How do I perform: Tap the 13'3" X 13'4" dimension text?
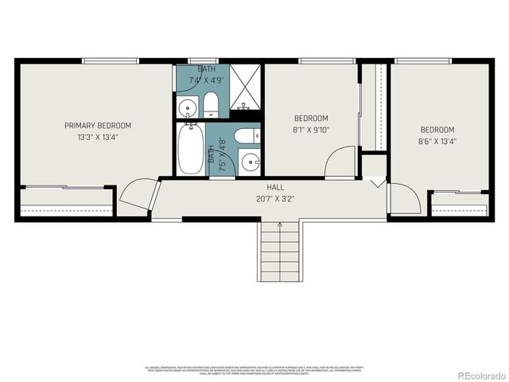pyautogui.click(x=98, y=137)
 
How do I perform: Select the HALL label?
pyautogui.click(x=276, y=187)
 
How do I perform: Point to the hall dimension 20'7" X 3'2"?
pyautogui.click(x=276, y=198)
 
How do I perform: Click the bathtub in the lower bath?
pyautogui.click(x=190, y=150)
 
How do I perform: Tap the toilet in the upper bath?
pyautogui.click(x=211, y=103)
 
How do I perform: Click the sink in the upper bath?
pyautogui.click(x=188, y=106)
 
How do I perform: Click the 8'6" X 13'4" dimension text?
pyautogui.click(x=437, y=142)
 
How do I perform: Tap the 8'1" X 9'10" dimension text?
pyautogui.click(x=310, y=131)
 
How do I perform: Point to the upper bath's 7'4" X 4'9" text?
pyautogui.click(x=206, y=80)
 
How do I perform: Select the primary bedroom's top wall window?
pyautogui.click(x=108, y=60)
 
